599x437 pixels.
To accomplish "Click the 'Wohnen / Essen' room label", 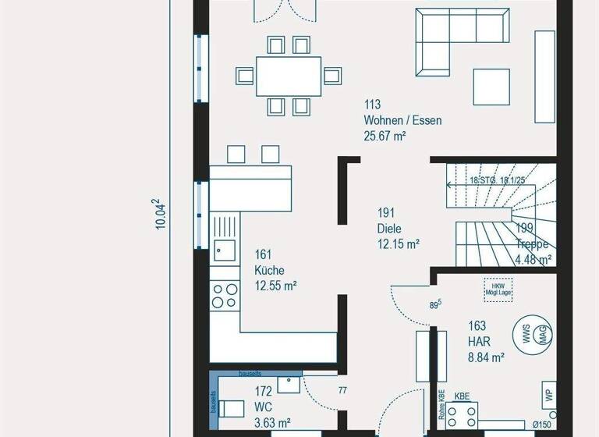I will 402,120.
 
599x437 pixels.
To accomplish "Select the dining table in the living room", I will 289,76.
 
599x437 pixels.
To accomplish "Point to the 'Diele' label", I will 391,229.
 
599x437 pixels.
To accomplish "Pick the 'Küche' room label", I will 269,270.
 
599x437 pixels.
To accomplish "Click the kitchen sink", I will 224,250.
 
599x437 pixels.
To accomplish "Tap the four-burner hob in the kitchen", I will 225,295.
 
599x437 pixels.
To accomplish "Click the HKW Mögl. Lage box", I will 498,288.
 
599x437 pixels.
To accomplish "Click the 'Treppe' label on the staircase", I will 533,244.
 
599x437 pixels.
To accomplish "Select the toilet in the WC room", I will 231,408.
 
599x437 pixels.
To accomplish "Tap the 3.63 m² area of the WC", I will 272,422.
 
